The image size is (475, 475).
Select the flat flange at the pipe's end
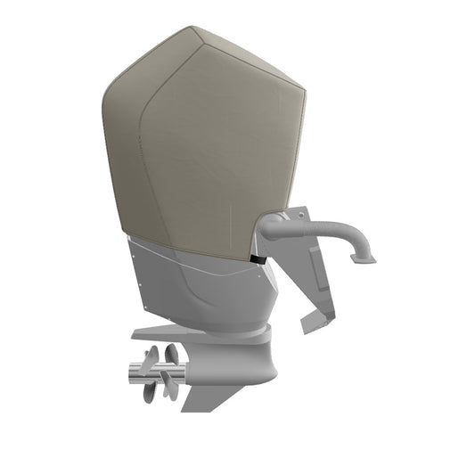pyautogui.click(x=364, y=258)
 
